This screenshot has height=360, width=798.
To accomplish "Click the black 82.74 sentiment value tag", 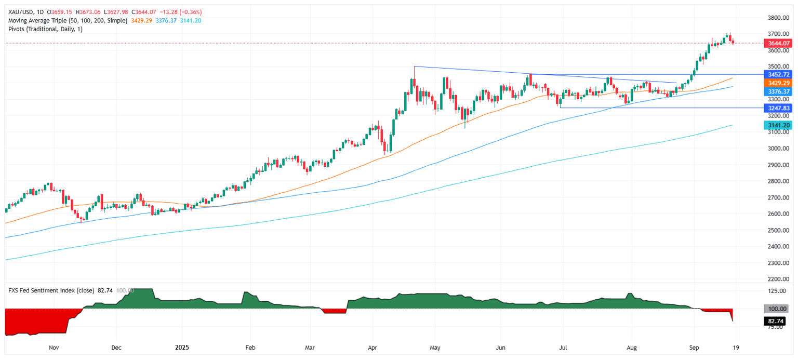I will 775,322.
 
